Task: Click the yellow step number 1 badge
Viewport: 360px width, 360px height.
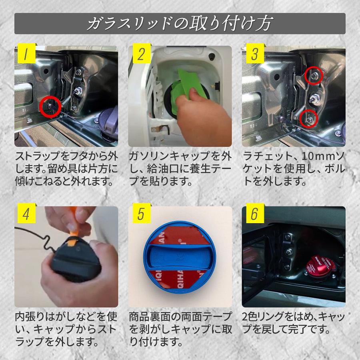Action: (x=27, y=53)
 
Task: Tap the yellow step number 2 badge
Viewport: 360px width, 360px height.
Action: (x=142, y=53)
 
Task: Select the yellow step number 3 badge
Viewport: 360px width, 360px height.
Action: (x=255, y=53)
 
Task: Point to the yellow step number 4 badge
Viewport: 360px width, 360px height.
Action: (x=27, y=213)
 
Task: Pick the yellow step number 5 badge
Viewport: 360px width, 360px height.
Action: (x=142, y=213)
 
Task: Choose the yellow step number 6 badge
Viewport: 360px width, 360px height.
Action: (x=255, y=213)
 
